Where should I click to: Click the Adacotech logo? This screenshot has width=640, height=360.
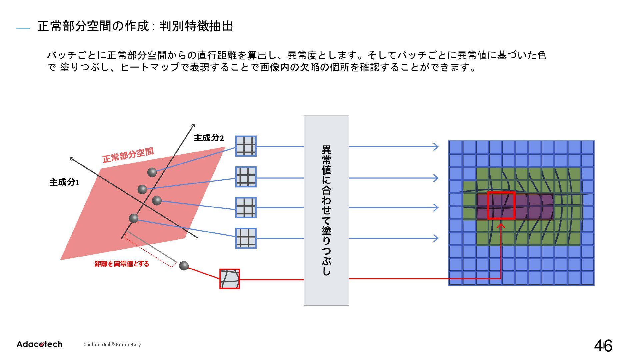point(39,344)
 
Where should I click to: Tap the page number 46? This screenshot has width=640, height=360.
point(603,346)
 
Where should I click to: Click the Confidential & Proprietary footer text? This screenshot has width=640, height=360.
point(112,345)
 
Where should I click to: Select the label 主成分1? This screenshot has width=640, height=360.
point(64,182)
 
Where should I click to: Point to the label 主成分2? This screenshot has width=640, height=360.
point(209,138)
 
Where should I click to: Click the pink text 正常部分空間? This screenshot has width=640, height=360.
point(128,155)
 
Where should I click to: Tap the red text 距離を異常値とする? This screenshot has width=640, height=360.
point(122,264)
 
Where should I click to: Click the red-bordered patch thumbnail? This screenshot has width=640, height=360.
point(229,279)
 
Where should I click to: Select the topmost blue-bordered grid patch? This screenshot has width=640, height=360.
point(246,146)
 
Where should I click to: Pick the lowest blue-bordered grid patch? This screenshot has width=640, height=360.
point(246,238)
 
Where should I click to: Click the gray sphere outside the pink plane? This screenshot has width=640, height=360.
point(184,265)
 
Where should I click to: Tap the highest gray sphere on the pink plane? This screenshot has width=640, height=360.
point(152,172)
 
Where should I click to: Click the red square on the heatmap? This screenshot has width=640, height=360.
point(501,205)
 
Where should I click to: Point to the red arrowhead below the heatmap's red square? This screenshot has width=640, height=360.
point(501,226)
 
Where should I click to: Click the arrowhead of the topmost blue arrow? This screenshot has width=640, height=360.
point(436,146)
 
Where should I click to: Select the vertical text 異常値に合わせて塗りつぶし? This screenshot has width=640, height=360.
point(326,210)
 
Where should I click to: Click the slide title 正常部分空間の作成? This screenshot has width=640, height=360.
point(93,26)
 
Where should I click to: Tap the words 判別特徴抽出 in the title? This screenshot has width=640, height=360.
point(196,26)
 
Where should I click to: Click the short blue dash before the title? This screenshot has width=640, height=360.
point(23,29)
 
